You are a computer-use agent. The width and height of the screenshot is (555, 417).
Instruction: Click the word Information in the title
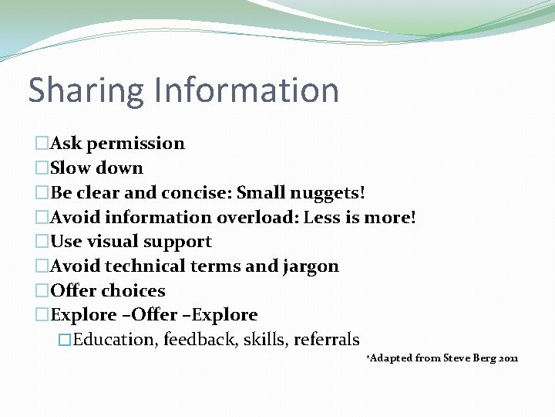coord(246,90)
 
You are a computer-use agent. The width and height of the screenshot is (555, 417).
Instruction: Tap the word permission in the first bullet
coord(136,144)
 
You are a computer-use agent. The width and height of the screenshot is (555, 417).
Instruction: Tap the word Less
coord(323,217)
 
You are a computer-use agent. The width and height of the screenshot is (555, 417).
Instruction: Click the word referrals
coord(326,340)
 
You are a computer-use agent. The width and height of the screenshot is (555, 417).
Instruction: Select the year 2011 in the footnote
coord(509,358)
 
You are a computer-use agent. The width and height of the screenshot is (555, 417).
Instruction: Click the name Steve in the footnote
coord(459,358)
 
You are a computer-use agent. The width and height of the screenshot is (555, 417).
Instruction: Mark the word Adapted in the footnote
coord(391,358)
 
